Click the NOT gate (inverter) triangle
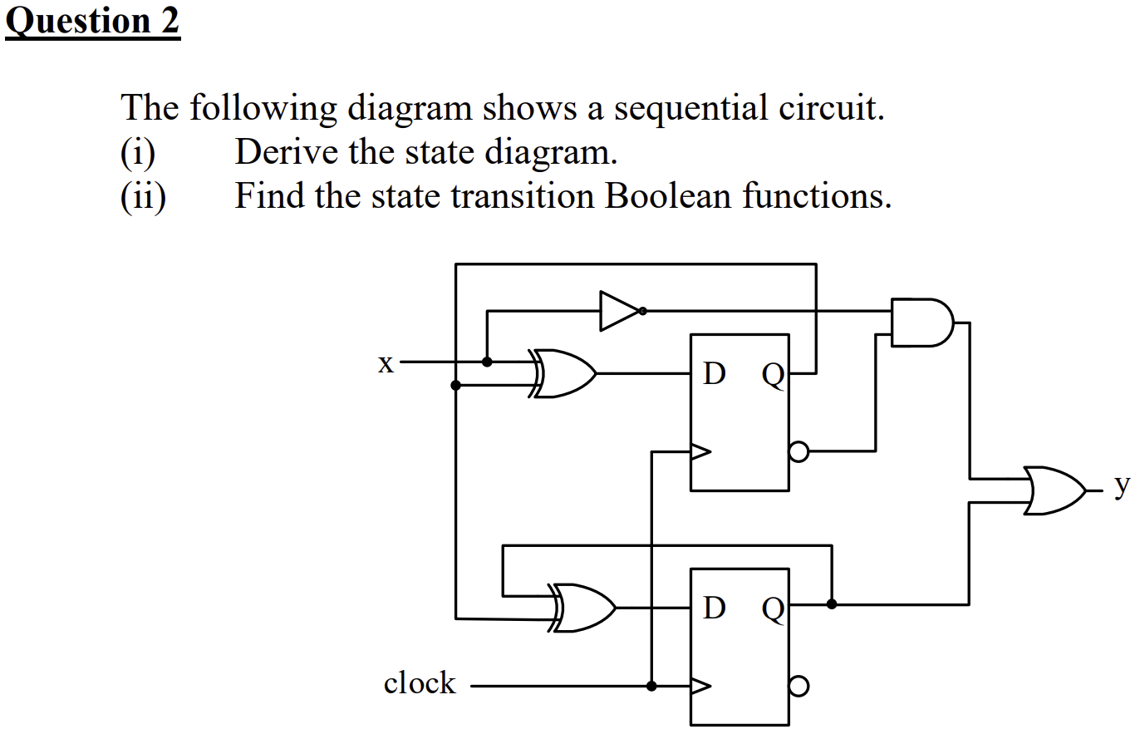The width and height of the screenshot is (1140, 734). [x=618, y=311]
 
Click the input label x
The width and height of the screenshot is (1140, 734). [x=385, y=363]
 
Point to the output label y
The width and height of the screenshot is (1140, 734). [x=1121, y=485]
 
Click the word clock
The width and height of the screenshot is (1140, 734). [x=420, y=683]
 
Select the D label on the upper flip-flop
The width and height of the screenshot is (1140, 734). [x=713, y=375]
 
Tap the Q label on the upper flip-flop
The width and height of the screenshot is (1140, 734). [x=772, y=377]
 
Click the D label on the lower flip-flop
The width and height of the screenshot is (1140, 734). [x=713, y=609]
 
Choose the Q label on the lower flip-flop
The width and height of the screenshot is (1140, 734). [x=772, y=611]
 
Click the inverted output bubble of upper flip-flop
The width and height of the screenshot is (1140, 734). [x=798, y=452]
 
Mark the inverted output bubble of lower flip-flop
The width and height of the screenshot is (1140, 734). [x=798, y=687]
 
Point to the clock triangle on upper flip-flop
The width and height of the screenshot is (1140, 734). [x=700, y=452]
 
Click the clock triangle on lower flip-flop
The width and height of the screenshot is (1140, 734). [x=700, y=687]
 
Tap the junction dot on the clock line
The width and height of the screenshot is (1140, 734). [x=652, y=687]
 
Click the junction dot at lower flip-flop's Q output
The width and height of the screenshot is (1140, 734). [x=832, y=604]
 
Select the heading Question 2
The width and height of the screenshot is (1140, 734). [x=92, y=21]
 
